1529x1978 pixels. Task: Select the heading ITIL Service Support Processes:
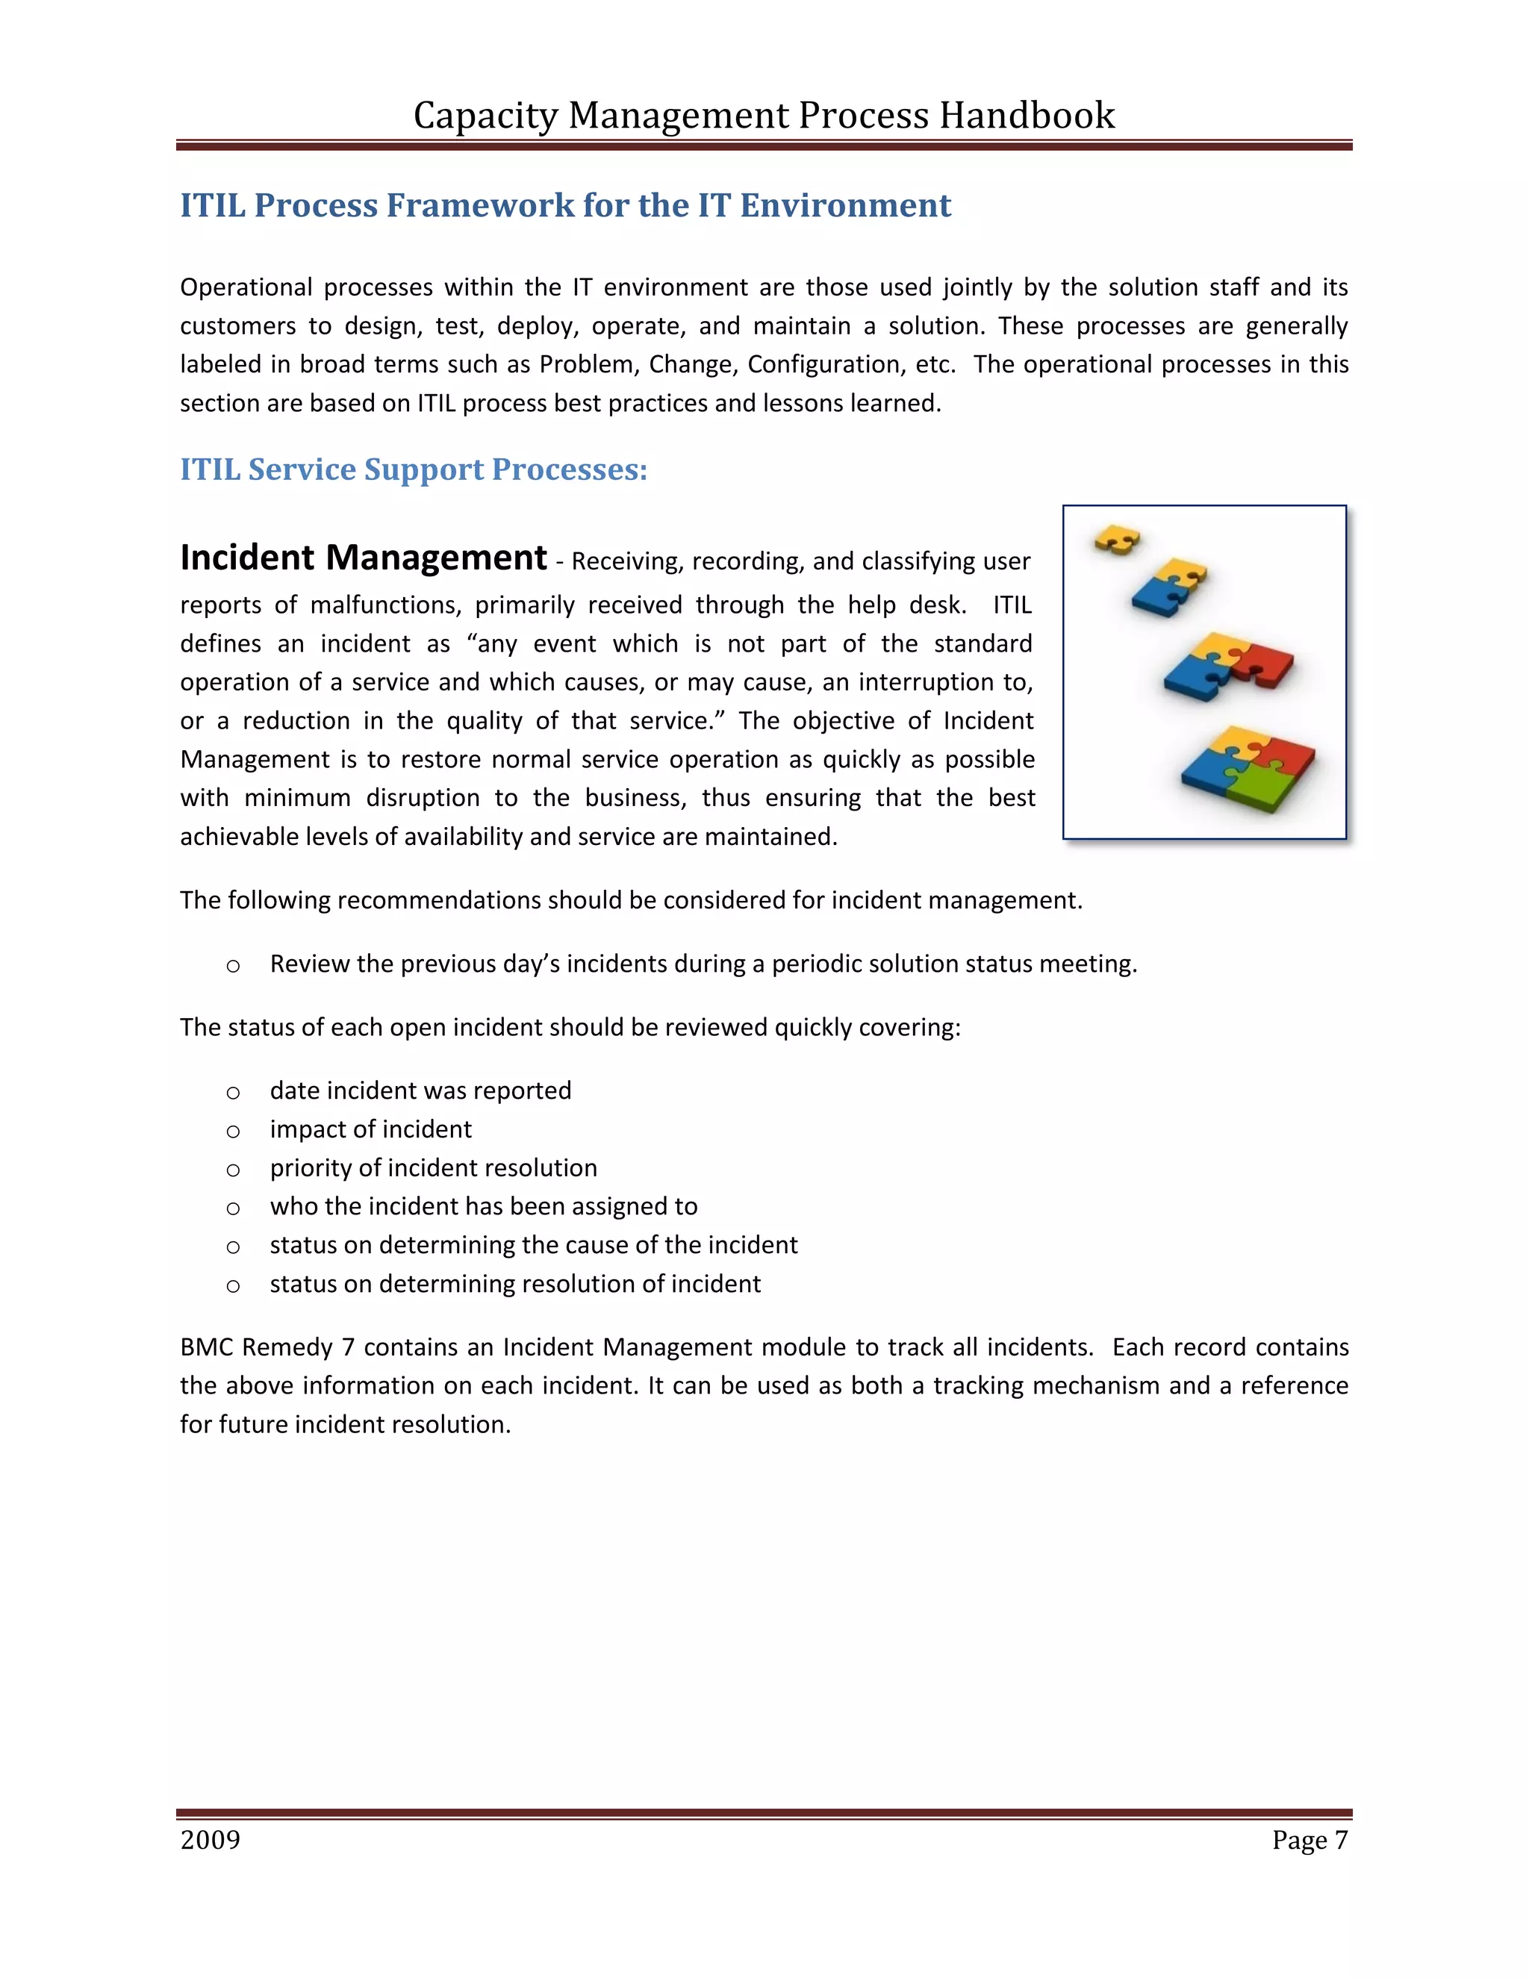pyautogui.click(x=413, y=469)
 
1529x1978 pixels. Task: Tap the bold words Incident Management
pyautogui.click(x=364, y=557)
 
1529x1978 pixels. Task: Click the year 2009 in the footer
pyautogui.click(x=210, y=1839)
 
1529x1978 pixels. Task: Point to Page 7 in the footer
pyautogui.click(x=1309, y=1839)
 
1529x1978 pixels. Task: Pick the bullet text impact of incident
pyautogui.click(x=370, y=1129)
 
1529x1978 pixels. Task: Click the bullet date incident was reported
pyautogui.click(x=420, y=1091)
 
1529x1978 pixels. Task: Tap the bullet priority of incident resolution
pyautogui.click(x=433, y=1168)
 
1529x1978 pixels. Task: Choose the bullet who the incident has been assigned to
pyautogui.click(x=484, y=1206)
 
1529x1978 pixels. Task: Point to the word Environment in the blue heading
pyautogui.click(x=845, y=205)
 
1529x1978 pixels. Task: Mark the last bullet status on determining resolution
pyautogui.click(x=514, y=1285)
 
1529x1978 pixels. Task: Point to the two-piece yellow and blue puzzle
pyautogui.click(x=1171, y=587)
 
